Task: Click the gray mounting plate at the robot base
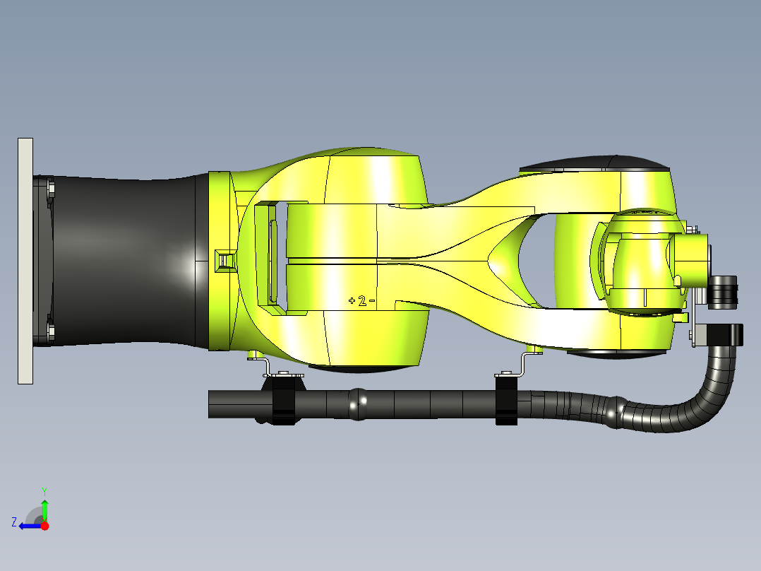25,261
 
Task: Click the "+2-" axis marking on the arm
361,301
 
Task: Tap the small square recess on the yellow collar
226,259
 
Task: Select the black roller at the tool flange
723,292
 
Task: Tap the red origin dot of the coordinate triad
45,526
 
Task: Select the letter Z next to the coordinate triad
14,522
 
